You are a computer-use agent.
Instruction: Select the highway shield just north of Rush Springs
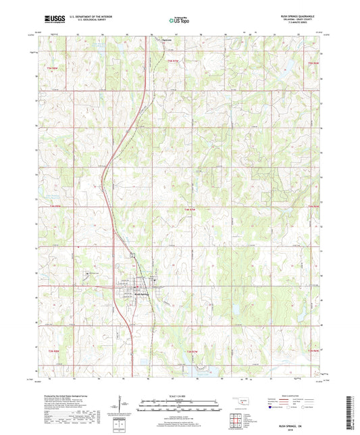[132, 255]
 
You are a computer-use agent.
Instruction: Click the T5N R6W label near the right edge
[311, 63]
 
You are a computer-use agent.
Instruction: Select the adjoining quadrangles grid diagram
[237, 420]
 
